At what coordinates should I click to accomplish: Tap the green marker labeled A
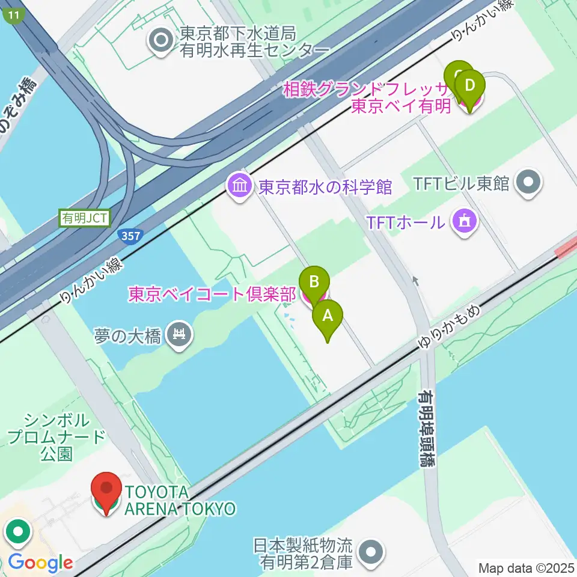pos(328,317)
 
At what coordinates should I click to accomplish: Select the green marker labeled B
pos(314,281)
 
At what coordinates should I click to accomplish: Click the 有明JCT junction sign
pos(85,218)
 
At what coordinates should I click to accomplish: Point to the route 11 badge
pos(14,16)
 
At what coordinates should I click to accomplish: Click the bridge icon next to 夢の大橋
pos(179,334)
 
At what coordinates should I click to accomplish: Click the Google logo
pos(41,563)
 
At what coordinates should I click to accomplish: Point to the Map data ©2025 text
pos(525,567)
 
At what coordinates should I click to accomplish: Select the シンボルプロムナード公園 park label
pos(57,436)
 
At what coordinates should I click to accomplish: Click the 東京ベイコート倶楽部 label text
pos(212,295)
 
